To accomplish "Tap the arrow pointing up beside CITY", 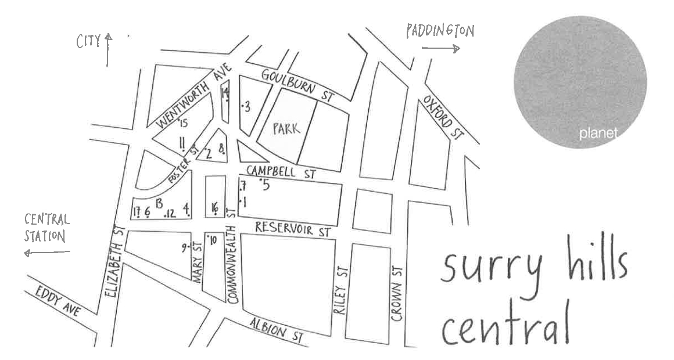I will click(x=108, y=50).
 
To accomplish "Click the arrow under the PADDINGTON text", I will click(x=441, y=49).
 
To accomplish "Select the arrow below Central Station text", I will click(x=46, y=253).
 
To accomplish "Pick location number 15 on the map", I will click(x=184, y=123).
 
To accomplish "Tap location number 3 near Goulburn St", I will click(x=246, y=106).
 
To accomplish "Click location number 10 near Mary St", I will click(x=211, y=240).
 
